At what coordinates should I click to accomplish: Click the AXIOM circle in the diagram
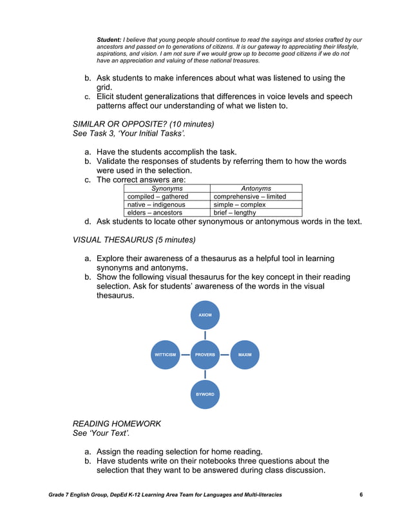pos(205,315)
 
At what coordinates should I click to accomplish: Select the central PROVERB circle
pos(205,354)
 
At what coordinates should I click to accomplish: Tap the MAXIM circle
pos(245,354)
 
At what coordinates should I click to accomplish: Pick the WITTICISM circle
pos(164,354)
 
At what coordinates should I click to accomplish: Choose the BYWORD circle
pos(205,393)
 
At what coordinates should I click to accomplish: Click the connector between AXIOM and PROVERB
pos(205,335)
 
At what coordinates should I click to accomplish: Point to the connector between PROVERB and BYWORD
pos(205,374)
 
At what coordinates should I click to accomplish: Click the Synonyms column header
pos(167,188)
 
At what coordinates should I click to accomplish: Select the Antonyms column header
pos(256,188)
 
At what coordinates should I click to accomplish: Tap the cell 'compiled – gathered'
pos(158,197)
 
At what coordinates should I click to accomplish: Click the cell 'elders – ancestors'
pos(155,212)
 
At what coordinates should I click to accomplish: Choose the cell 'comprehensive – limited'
pos(249,197)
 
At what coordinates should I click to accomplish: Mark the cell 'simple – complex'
pos(239,204)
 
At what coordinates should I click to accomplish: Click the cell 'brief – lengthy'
pos(234,212)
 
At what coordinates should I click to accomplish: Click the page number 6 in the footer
pos(361,494)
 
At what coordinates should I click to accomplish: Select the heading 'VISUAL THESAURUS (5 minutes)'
pos(134,240)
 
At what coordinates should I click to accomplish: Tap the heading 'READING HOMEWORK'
pos(117,424)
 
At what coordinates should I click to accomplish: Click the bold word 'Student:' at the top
pos(109,40)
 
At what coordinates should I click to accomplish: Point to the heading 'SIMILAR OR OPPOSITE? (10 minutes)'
pos(143,123)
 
